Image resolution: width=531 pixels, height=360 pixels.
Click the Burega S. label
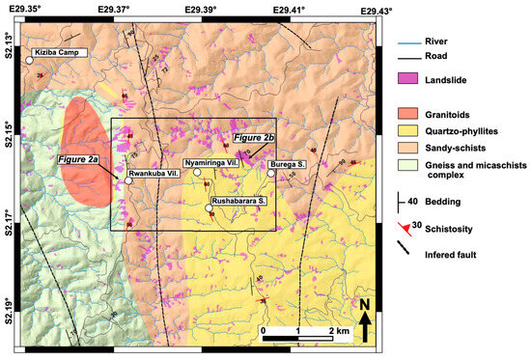(290, 164)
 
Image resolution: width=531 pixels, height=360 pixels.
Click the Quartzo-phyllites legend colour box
(410, 131)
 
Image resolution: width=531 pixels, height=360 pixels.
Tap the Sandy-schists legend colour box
(410, 150)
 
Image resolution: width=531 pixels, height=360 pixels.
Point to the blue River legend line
(410, 42)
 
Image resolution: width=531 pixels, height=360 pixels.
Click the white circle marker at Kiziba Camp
(29, 60)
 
